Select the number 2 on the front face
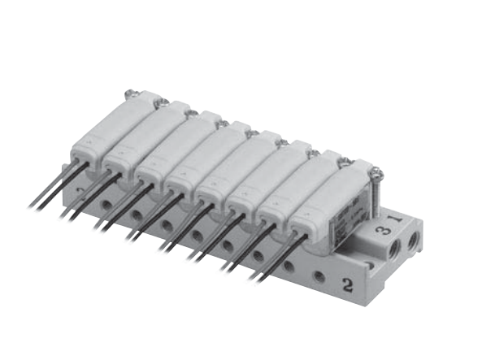[347, 284]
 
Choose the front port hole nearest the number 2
[319, 276]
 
